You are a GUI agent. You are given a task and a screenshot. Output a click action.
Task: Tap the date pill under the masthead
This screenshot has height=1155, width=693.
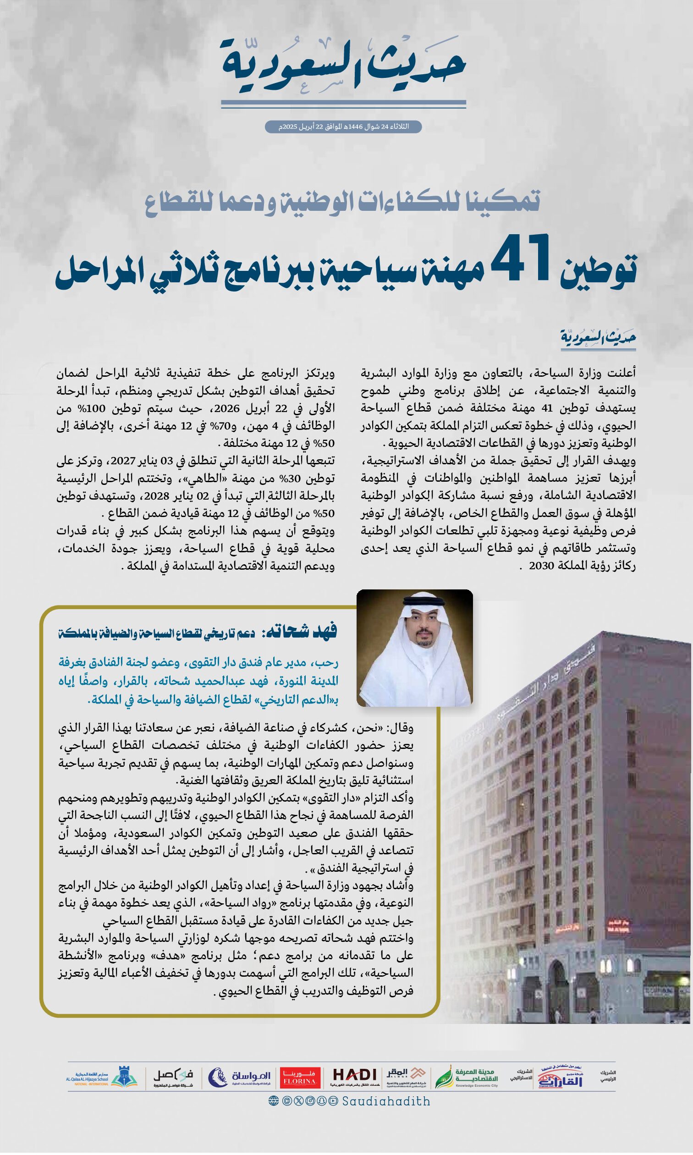pos(343,126)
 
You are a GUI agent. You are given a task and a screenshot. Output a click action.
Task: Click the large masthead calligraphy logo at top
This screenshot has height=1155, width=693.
pos(343,66)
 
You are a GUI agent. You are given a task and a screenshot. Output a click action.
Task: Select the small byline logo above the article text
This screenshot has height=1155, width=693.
pos(598,337)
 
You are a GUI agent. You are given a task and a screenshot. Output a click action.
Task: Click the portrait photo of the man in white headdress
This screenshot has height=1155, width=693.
pos(415,648)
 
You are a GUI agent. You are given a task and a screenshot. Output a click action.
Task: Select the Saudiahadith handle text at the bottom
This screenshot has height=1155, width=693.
pos(386,1102)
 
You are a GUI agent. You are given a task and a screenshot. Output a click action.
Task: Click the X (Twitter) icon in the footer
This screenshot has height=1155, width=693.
pos(298,1101)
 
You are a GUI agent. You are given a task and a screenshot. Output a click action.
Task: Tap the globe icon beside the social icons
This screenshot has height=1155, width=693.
pos(274,1101)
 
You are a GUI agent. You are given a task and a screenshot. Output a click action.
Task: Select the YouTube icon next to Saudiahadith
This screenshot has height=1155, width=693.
pos(333,1101)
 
